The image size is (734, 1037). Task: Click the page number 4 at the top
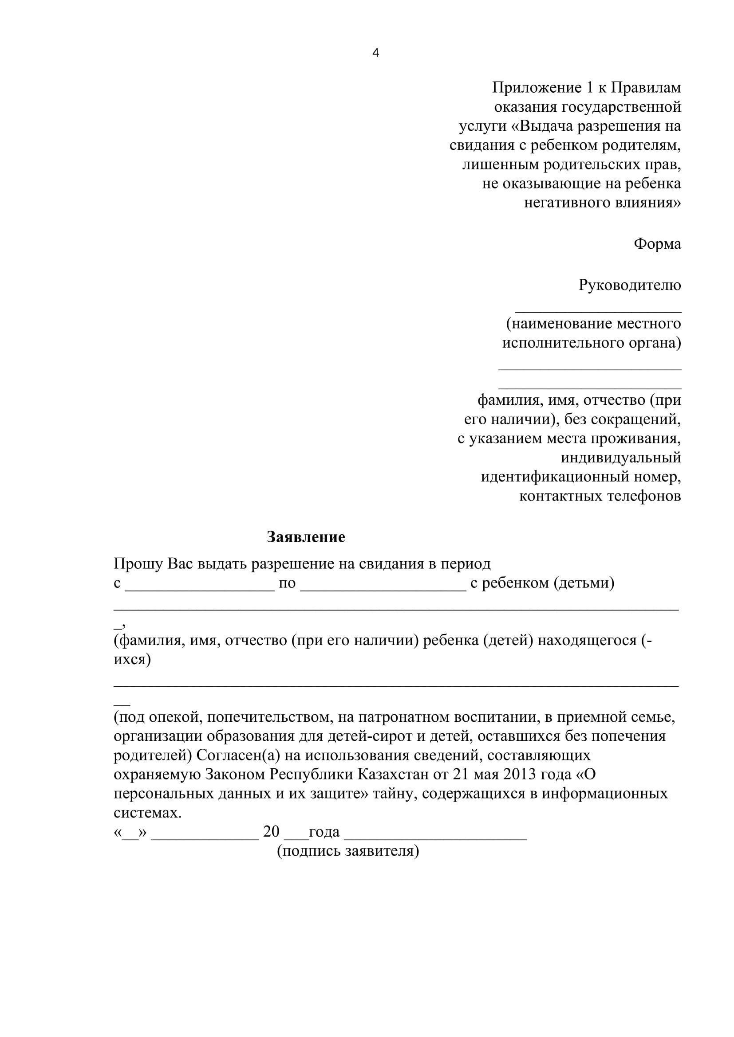pyautogui.click(x=375, y=53)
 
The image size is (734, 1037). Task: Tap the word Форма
pyautogui.click(x=657, y=244)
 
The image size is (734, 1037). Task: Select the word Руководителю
pyautogui.click(x=630, y=285)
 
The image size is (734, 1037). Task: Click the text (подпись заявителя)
pyautogui.click(x=348, y=851)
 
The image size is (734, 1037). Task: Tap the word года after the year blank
pyautogui.click(x=324, y=832)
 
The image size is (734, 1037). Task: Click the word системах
pyautogui.click(x=147, y=813)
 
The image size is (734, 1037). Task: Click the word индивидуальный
pyautogui.click(x=620, y=458)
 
